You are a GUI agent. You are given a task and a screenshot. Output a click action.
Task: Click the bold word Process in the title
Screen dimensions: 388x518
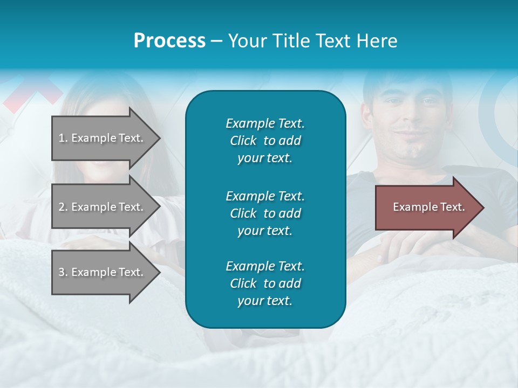[x=169, y=41]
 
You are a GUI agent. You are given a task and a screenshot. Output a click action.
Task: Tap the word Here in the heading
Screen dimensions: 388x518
[x=377, y=41]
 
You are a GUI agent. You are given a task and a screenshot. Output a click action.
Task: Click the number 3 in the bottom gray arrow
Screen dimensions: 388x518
[x=62, y=273]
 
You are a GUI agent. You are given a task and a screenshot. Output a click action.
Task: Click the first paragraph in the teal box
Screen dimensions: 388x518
[x=265, y=141]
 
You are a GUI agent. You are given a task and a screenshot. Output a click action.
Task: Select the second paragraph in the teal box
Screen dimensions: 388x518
[x=265, y=213]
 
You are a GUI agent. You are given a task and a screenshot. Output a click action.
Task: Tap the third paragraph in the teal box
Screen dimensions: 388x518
[x=265, y=283]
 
